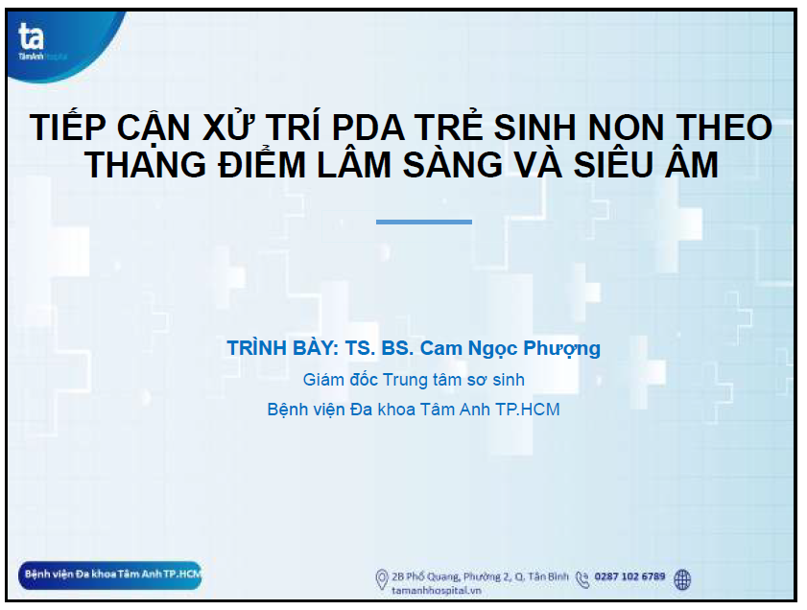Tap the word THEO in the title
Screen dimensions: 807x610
tap(724, 127)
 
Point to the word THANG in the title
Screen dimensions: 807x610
tap(146, 165)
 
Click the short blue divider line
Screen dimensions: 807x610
tap(424, 222)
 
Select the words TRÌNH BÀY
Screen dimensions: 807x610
tap(282, 348)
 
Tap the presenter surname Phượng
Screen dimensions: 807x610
tap(562, 349)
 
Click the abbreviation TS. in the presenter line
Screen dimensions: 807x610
tap(360, 348)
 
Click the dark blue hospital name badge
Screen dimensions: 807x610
tap(109, 575)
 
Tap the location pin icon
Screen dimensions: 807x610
tap(381, 579)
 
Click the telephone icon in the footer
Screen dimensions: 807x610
tap(582, 579)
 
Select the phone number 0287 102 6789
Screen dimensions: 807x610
tap(629, 576)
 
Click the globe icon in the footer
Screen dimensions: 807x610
tap(682, 579)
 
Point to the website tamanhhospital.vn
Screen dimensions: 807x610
tap(437, 591)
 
